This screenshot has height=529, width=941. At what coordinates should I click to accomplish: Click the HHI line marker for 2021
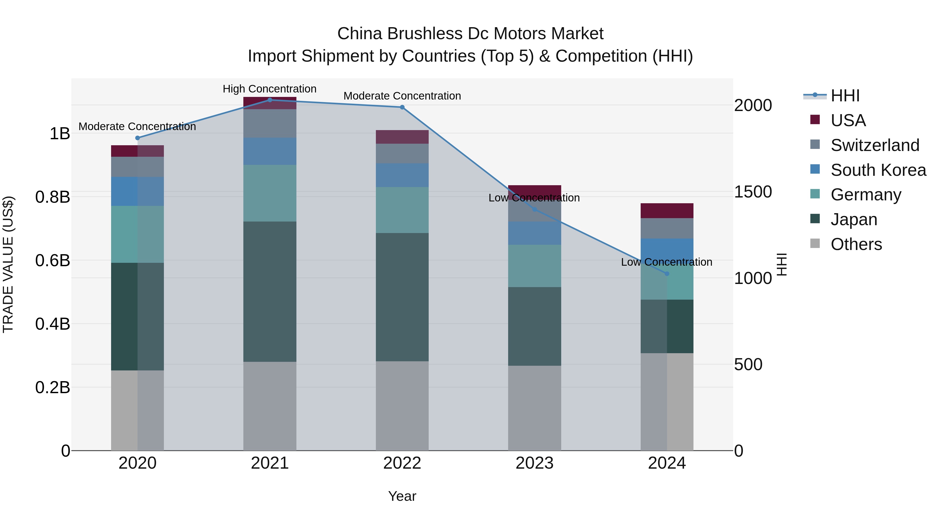[x=269, y=100]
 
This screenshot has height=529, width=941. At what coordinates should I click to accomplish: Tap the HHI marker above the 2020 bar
[x=137, y=138]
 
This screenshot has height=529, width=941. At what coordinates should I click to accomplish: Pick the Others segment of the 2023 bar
[x=535, y=408]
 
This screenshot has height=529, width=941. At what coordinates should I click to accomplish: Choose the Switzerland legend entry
[x=875, y=145]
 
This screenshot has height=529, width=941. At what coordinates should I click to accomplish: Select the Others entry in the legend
[x=856, y=244]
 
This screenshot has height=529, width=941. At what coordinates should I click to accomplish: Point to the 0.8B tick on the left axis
[x=53, y=197]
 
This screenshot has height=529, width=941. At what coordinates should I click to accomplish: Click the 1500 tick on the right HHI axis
[x=753, y=192]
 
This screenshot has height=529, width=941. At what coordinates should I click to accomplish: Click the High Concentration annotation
[x=269, y=89]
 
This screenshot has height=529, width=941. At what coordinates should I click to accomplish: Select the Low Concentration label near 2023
[x=534, y=198]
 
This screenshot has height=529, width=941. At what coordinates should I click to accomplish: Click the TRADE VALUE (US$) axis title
[x=8, y=264]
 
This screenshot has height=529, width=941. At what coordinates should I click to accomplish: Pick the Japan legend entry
[x=854, y=219]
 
